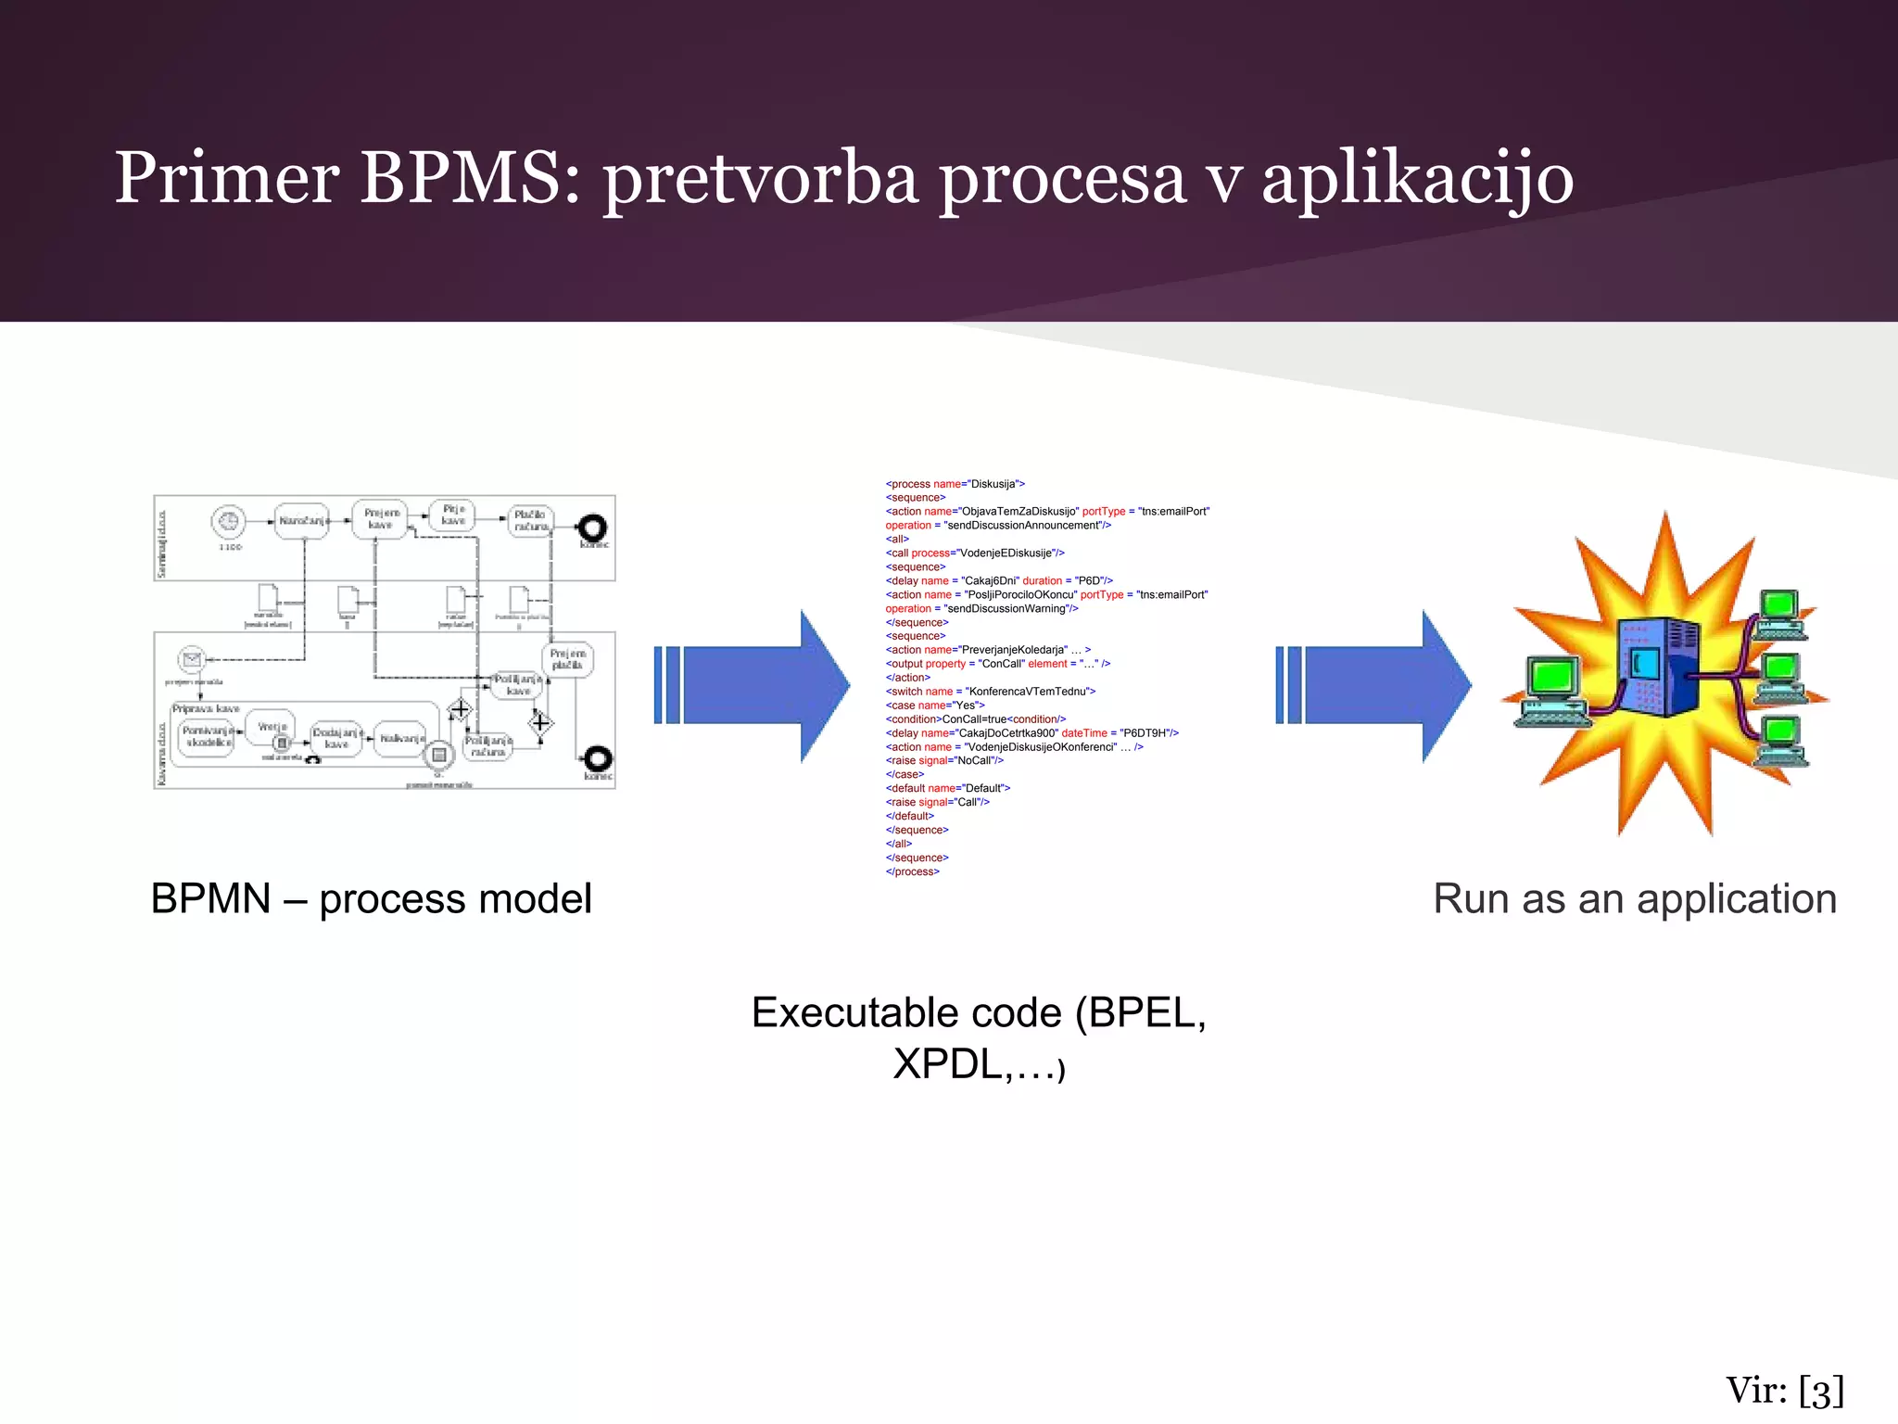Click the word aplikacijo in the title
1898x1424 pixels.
click(1417, 178)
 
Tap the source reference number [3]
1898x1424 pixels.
click(1820, 1392)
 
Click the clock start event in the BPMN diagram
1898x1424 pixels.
click(228, 522)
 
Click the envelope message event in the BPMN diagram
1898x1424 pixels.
click(192, 659)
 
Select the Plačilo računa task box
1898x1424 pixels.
click(530, 520)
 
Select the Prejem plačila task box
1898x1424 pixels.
click(567, 659)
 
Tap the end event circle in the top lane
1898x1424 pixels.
click(592, 528)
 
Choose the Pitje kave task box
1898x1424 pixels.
click(453, 515)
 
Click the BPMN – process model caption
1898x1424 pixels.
click(371, 898)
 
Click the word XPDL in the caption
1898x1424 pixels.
click(946, 1063)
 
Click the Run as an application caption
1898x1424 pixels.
click(1635, 898)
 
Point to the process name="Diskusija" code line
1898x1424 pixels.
click(955, 484)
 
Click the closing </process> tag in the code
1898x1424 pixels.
click(913, 871)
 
